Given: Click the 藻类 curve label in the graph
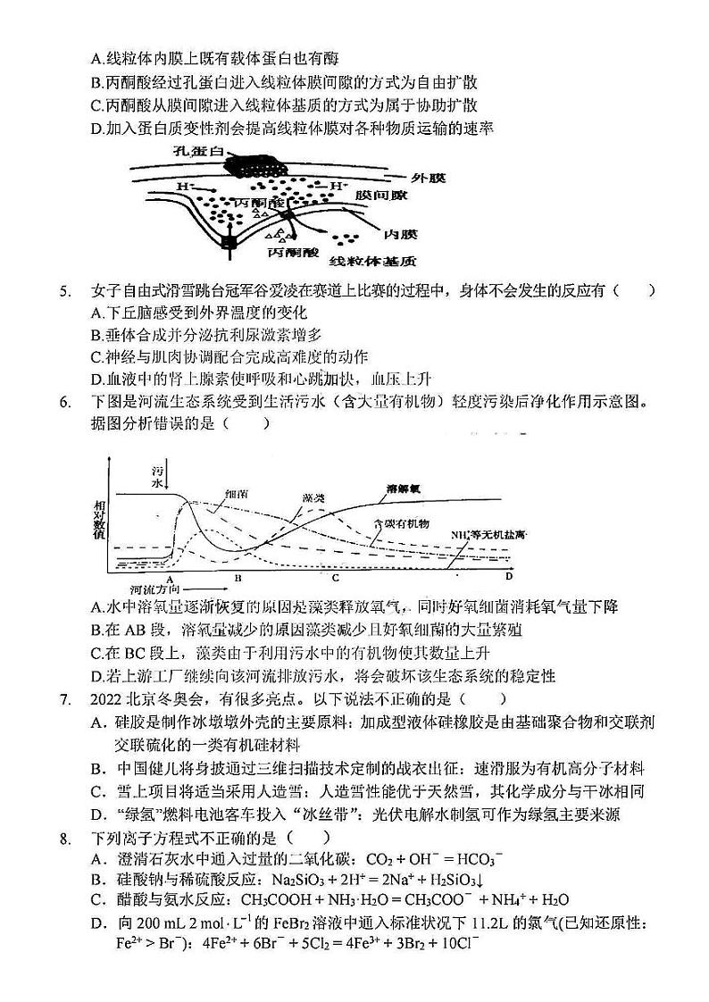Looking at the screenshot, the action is pyautogui.click(x=313, y=497).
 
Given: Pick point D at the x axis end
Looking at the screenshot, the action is pyautogui.click(x=508, y=576).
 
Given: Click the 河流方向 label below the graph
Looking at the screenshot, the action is pyautogui.click(x=150, y=590).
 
